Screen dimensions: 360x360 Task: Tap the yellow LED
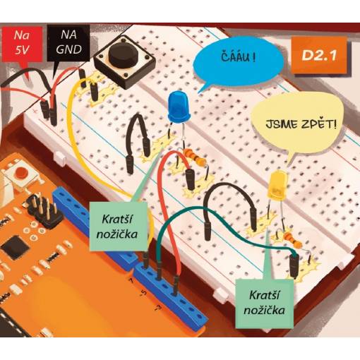277,186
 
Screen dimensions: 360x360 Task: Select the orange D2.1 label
319,56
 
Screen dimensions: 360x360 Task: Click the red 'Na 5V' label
22,43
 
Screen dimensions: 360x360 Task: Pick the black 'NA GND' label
68,42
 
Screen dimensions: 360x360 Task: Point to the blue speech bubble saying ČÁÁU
238,63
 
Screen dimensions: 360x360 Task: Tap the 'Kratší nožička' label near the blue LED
117,227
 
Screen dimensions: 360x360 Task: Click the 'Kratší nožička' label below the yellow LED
264,303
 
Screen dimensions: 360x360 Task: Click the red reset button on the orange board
20,172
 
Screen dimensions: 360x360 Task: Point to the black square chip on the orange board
15,248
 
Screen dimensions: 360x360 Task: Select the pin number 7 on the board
131,280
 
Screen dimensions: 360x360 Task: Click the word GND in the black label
68,49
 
